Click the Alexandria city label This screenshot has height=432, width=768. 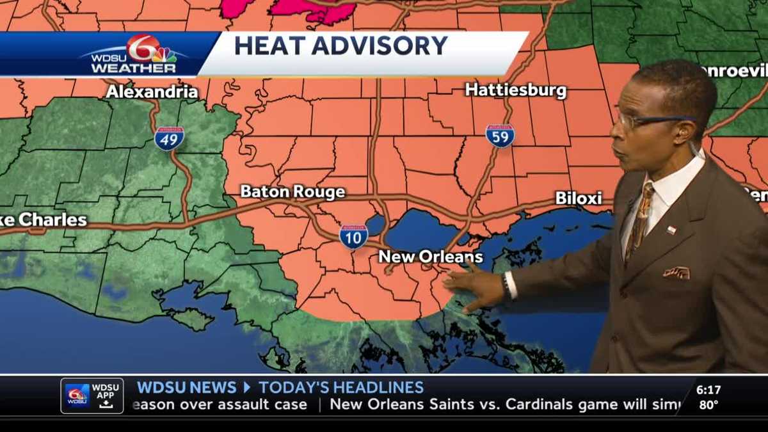[x=152, y=92]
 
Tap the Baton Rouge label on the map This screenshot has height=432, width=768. [x=292, y=191]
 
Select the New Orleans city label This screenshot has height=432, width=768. [x=430, y=257]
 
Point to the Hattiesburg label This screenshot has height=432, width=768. [x=515, y=90]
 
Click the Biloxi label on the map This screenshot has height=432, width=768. [x=579, y=198]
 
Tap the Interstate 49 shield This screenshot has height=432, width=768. [x=169, y=138]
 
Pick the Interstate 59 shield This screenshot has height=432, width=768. [x=500, y=136]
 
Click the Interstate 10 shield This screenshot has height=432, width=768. [x=353, y=236]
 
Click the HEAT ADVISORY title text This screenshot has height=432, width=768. [x=340, y=46]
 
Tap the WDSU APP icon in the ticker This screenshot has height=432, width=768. [x=92, y=396]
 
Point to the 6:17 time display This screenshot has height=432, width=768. [x=708, y=389]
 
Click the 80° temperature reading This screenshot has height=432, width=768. [x=708, y=404]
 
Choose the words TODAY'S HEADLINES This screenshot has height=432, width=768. [x=341, y=387]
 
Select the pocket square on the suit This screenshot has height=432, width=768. [x=676, y=273]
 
